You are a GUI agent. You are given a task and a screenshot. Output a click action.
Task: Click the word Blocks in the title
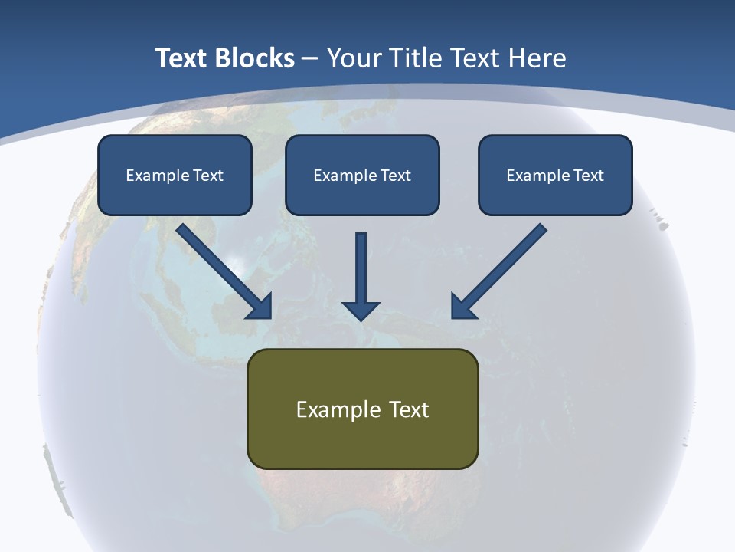256,58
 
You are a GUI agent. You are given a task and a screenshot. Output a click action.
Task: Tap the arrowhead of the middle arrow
361,310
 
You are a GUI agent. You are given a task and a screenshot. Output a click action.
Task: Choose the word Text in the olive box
409,409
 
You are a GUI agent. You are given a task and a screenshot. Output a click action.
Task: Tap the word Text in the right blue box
588,176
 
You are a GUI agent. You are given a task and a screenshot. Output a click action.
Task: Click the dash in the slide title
310,59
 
